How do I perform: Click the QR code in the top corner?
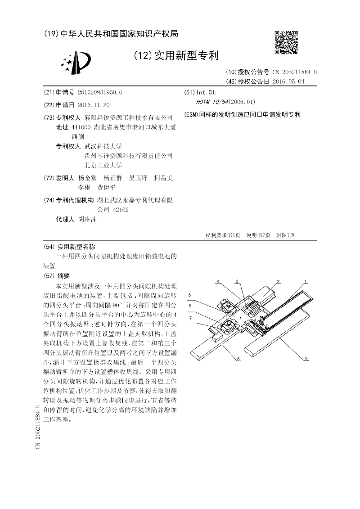(286, 42)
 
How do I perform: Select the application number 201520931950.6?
(100, 92)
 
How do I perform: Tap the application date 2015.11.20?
(94, 104)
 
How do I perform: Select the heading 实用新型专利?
(186, 56)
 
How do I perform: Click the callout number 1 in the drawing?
(306, 282)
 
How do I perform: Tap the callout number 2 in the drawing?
(278, 282)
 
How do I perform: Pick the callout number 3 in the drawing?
(237, 281)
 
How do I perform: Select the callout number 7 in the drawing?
(190, 318)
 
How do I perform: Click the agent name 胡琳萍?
(87, 219)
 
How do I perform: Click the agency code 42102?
(120, 209)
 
